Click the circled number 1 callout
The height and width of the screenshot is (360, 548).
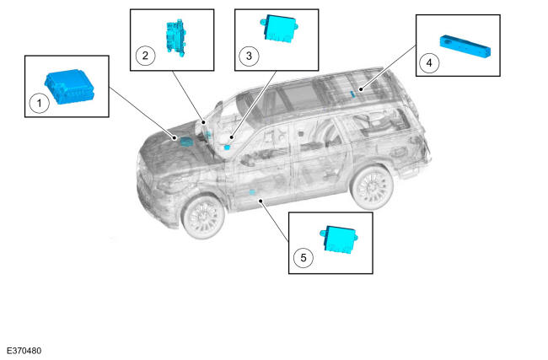(x=39, y=103)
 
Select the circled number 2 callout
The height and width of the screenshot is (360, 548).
(x=145, y=56)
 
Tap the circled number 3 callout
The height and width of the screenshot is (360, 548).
(x=249, y=56)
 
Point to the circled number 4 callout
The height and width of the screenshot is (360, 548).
(x=429, y=63)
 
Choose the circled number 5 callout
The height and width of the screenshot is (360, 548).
(x=303, y=258)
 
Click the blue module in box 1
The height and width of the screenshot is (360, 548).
(x=69, y=86)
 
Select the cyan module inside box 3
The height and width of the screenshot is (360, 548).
(x=279, y=29)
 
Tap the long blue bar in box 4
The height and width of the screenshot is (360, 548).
(x=465, y=46)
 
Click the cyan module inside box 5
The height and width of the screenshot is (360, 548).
(x=339, y=239)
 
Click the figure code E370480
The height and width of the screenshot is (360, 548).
(x=24, y=351)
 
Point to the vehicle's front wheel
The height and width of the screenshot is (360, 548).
(x=203, y=217)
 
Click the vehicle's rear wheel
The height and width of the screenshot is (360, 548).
(x=372, y=187)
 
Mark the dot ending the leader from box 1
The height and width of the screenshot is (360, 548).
(x=175, y=138)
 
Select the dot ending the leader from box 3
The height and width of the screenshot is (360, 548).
(x=231, y=137)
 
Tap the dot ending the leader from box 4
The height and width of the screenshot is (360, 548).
(x=360, y=89)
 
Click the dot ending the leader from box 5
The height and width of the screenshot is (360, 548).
(x=260, y=201)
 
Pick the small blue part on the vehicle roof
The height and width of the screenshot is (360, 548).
(x=352, y=94)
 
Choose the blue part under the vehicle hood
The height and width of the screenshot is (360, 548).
(x=186, y=141)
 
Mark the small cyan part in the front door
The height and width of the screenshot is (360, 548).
(x=252, y=192)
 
